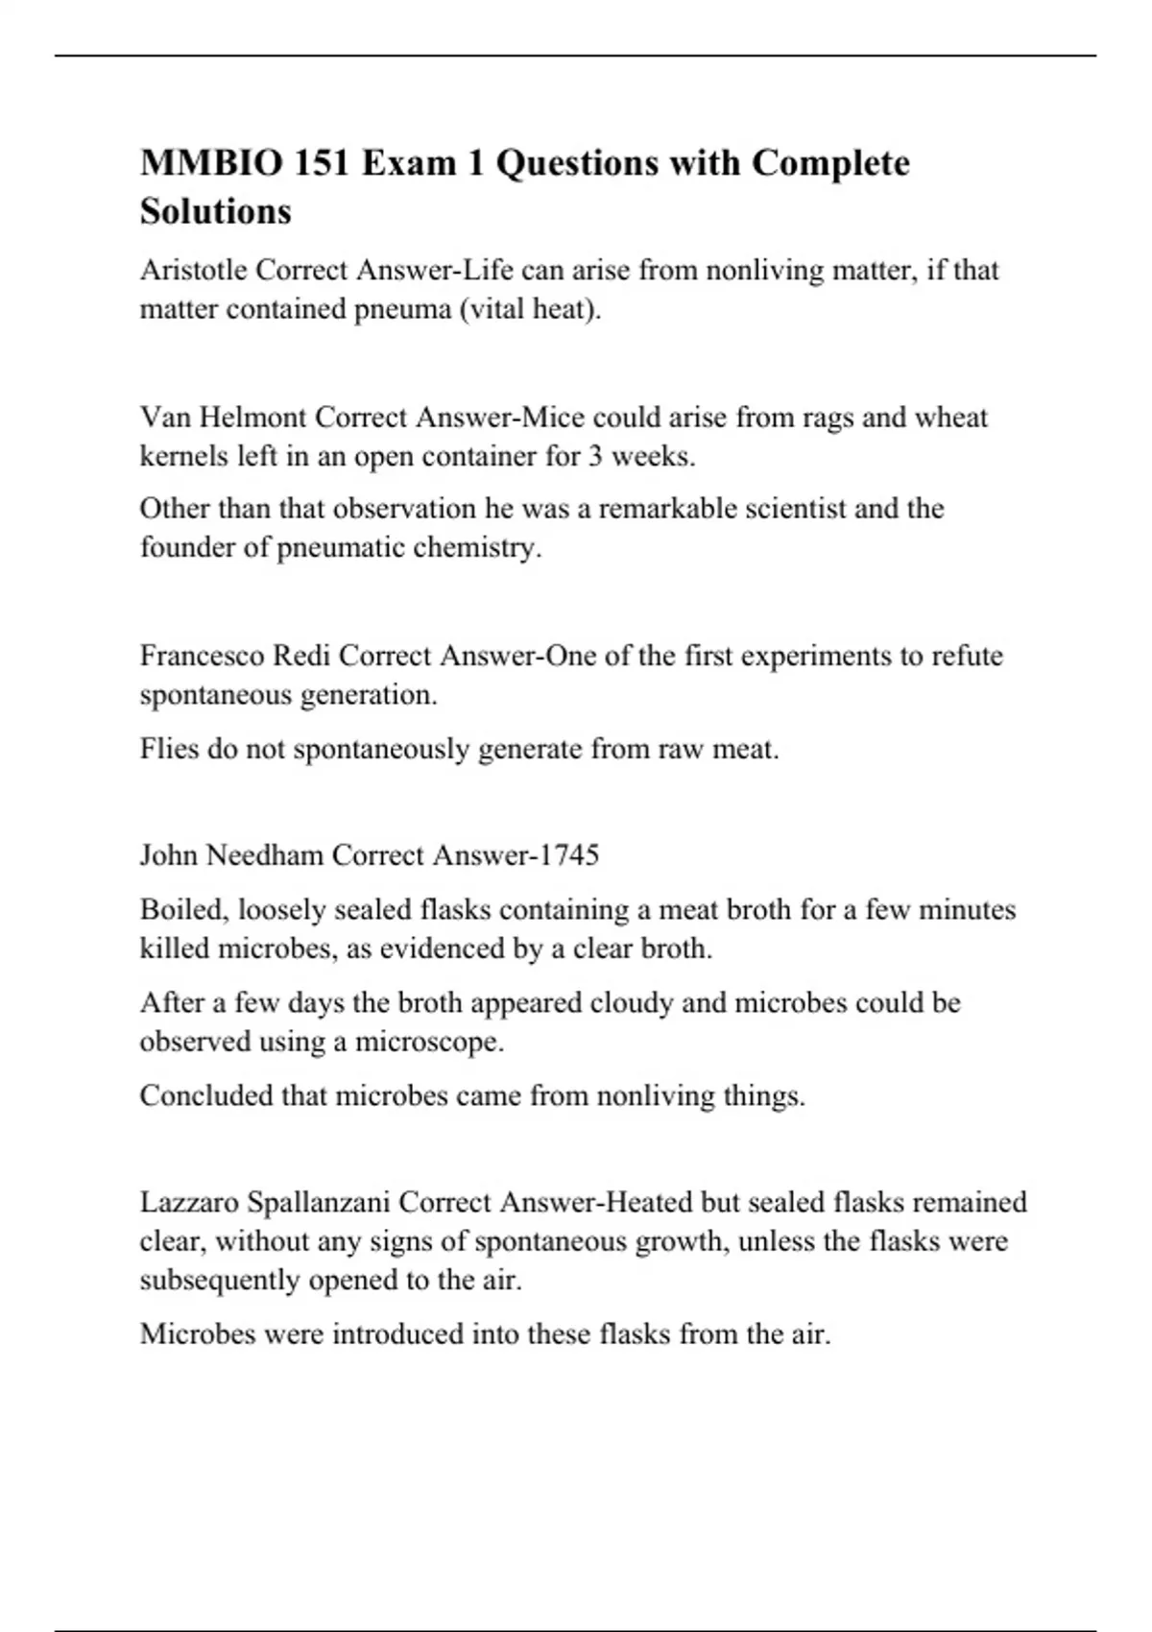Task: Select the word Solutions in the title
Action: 215,211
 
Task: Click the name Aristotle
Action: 193,271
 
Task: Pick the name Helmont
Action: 252,418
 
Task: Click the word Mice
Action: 552,418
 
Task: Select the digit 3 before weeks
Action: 595,456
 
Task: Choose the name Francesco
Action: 203,656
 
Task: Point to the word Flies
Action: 169,749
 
